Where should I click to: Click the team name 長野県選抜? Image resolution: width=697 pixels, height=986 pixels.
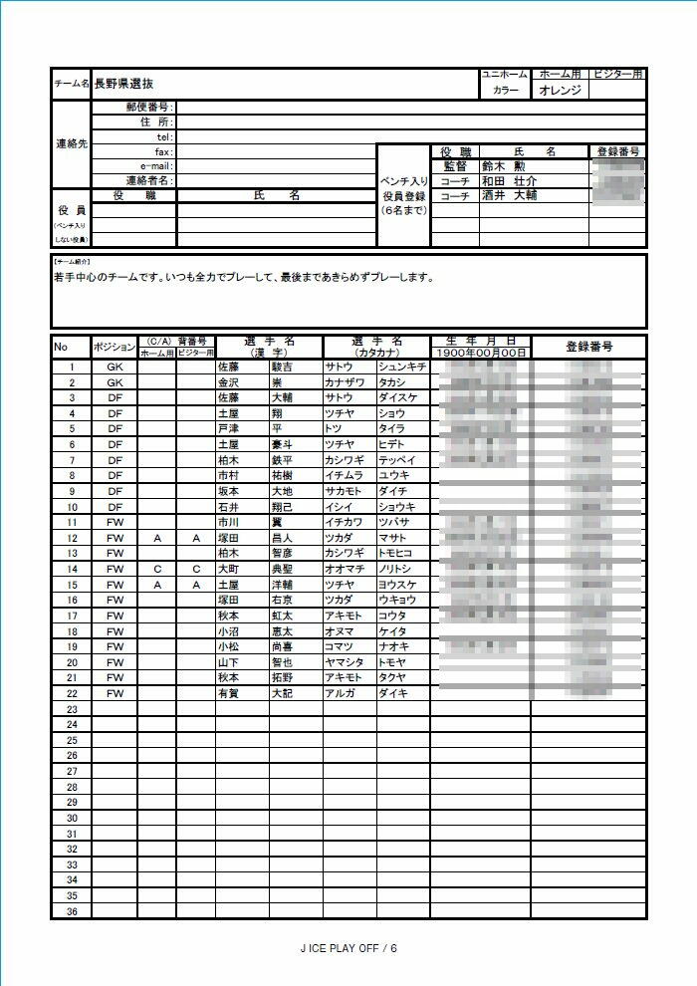(x=124, y=85)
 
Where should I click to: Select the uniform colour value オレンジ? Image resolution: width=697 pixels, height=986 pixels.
(x=561, y=90)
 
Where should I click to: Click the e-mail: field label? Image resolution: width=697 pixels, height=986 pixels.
(x=157, y=166)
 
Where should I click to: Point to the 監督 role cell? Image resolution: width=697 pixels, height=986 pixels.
(x=454, y=166)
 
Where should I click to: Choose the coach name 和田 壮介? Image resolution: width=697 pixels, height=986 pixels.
(x=509, y=181)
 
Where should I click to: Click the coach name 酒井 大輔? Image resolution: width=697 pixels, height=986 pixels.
(x=509, y=196)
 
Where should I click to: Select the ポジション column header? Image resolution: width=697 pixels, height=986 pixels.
(x=114, y=347)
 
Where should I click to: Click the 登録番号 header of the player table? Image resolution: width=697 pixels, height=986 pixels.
(x=588, y=347)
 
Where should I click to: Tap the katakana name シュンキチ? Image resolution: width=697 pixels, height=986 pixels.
(x=402, y=367)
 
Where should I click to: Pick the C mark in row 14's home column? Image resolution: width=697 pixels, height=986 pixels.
(x=157, y=568)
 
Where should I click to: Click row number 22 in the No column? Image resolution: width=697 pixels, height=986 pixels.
(x=72, y=692)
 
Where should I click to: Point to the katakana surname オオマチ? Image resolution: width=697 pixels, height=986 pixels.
(x=348, y=568)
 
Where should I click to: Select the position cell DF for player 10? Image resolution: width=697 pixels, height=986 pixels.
(x=115, y=506)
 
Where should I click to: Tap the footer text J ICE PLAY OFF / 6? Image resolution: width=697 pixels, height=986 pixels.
(x=348, y=948)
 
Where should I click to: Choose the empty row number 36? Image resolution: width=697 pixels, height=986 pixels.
(x=72, y=911)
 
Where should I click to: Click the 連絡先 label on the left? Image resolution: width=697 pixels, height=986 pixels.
(x=72, y=143)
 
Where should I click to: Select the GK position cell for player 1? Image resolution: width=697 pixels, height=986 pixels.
(x=115, y=367)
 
